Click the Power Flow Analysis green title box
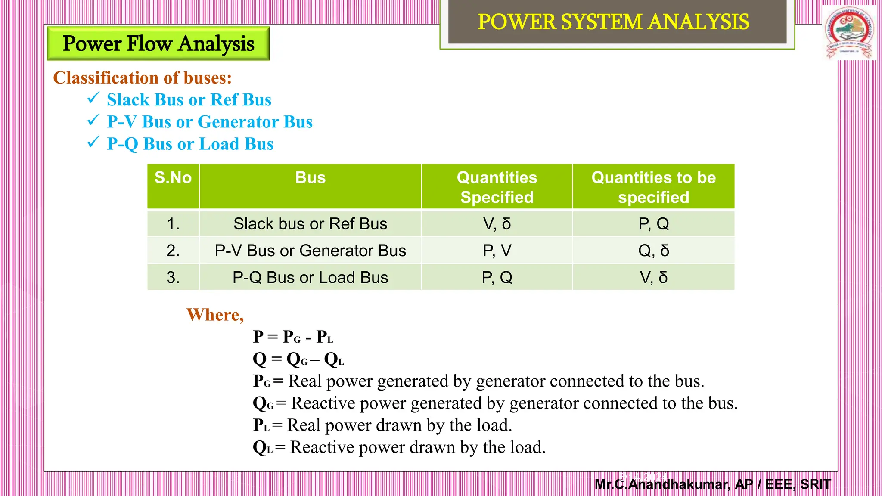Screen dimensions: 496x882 point(158,43)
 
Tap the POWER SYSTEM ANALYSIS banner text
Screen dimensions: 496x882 point(613,22)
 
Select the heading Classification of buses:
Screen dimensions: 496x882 point(142,78)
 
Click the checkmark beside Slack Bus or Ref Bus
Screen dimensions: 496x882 point(93,98)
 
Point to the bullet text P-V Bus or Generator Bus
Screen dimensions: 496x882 point(210,122)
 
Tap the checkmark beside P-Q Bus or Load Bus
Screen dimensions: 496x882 point(93,142)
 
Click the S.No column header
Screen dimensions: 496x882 point(173,178)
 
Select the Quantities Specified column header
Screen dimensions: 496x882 point(497,187)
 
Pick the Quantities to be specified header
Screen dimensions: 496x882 point(653,187)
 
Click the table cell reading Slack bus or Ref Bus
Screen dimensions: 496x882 point(310,224)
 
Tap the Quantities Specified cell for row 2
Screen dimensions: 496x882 point(497,251)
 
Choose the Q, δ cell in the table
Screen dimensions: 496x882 point(653,251)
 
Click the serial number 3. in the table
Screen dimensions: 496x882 point(173,278)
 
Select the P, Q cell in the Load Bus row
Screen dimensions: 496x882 point(497,278)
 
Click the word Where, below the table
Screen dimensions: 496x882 point(215,315)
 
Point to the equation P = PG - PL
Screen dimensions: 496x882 point(293,337)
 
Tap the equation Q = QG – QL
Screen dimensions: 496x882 point(298,359)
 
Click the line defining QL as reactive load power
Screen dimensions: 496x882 point(399,447)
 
